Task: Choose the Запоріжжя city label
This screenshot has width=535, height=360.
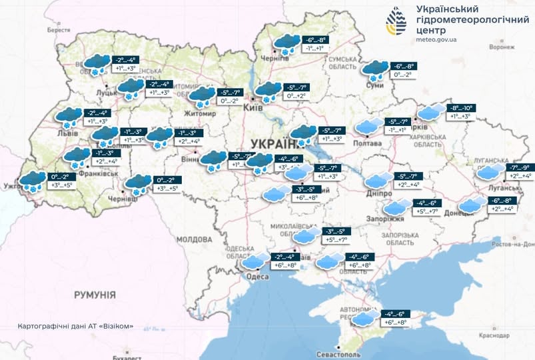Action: point(385,219)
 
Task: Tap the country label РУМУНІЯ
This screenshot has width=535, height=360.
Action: point(95,294)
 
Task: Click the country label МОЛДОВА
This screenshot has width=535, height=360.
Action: point(195,239)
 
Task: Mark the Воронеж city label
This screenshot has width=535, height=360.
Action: point(502,47)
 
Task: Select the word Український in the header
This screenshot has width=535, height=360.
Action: point(446,9)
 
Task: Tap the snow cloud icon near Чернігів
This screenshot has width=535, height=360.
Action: point(286,44)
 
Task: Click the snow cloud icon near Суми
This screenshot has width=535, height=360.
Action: point(376,70)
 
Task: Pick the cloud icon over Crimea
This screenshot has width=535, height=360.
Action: point(364,319)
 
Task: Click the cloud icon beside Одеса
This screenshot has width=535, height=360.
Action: point(257,260)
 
